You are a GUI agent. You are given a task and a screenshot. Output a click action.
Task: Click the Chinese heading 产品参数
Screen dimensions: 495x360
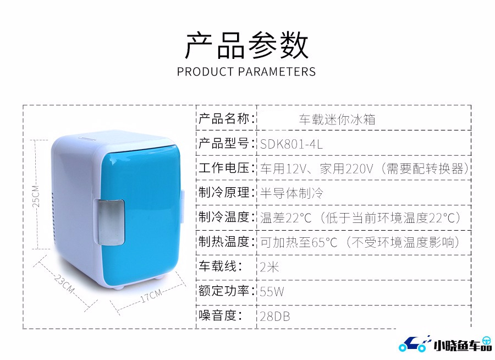point(246,45)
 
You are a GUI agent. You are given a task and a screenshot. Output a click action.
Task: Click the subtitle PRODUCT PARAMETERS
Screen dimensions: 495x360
point(246,72)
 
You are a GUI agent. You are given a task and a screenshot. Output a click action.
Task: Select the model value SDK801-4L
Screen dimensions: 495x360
point(291,144)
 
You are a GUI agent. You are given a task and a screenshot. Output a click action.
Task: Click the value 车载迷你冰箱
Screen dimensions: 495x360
point(337,119)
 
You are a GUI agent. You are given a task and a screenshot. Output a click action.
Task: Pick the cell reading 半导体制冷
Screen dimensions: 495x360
point(291,193)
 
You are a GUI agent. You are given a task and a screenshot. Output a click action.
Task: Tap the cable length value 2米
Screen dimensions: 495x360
point(269,267)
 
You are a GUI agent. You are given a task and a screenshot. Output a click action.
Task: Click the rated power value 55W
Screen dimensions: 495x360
point(272,291)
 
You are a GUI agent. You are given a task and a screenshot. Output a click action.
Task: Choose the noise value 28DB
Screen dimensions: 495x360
point(274,316)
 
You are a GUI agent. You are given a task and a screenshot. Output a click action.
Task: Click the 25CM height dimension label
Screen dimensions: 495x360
point(36,197)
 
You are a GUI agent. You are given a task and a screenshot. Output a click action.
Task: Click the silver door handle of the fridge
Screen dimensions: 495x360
point(111,222)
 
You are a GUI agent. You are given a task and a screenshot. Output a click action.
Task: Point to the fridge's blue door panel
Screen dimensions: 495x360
point(141,214)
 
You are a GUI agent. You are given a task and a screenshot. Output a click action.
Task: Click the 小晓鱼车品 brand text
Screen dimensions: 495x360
point(463,345)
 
